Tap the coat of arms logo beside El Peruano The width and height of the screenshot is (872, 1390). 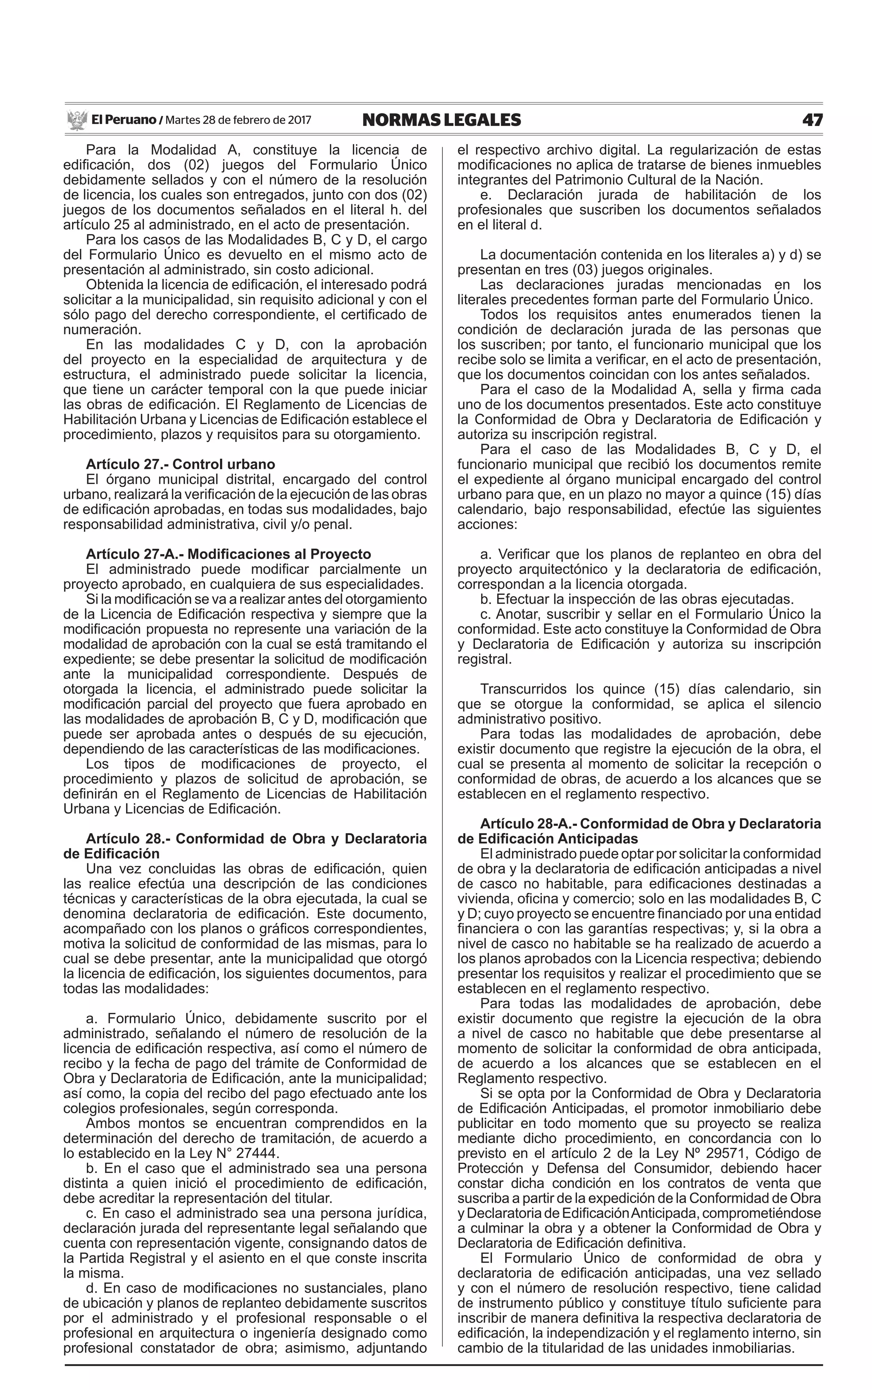click(x=76, y=120)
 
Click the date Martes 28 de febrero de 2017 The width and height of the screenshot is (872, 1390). click(x=238, y=120)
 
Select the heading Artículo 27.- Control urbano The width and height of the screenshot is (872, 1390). click(x=180, y=464)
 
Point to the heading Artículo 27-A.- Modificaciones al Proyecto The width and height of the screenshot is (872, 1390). click(x=228, y=554)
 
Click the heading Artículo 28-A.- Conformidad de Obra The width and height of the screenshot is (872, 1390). click(x=650, y=824)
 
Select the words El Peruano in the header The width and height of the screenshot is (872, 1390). click(x=123, y=120)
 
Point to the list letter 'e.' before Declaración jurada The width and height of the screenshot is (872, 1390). click(x=485, y=195)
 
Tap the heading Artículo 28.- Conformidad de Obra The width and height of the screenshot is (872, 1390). click(x=256, y=839)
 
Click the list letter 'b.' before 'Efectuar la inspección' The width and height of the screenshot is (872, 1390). click(x=485, y=599)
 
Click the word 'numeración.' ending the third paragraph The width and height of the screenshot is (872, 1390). click(x=101, y=330)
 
